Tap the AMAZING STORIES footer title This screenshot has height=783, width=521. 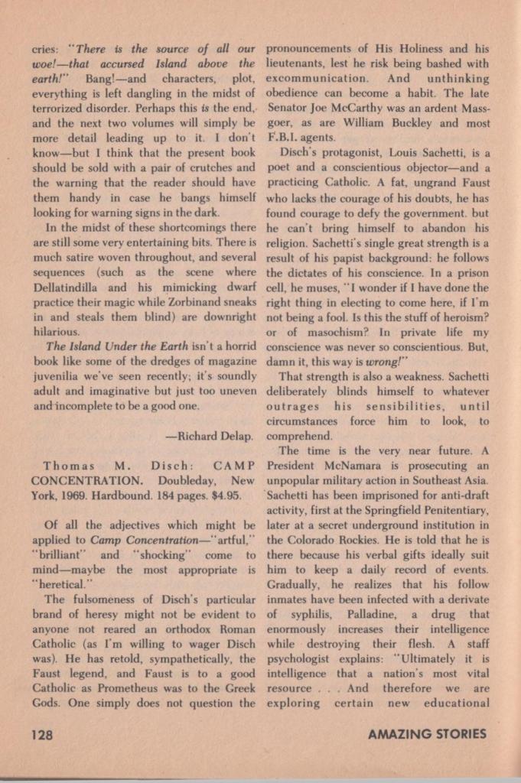click(427, 735)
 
